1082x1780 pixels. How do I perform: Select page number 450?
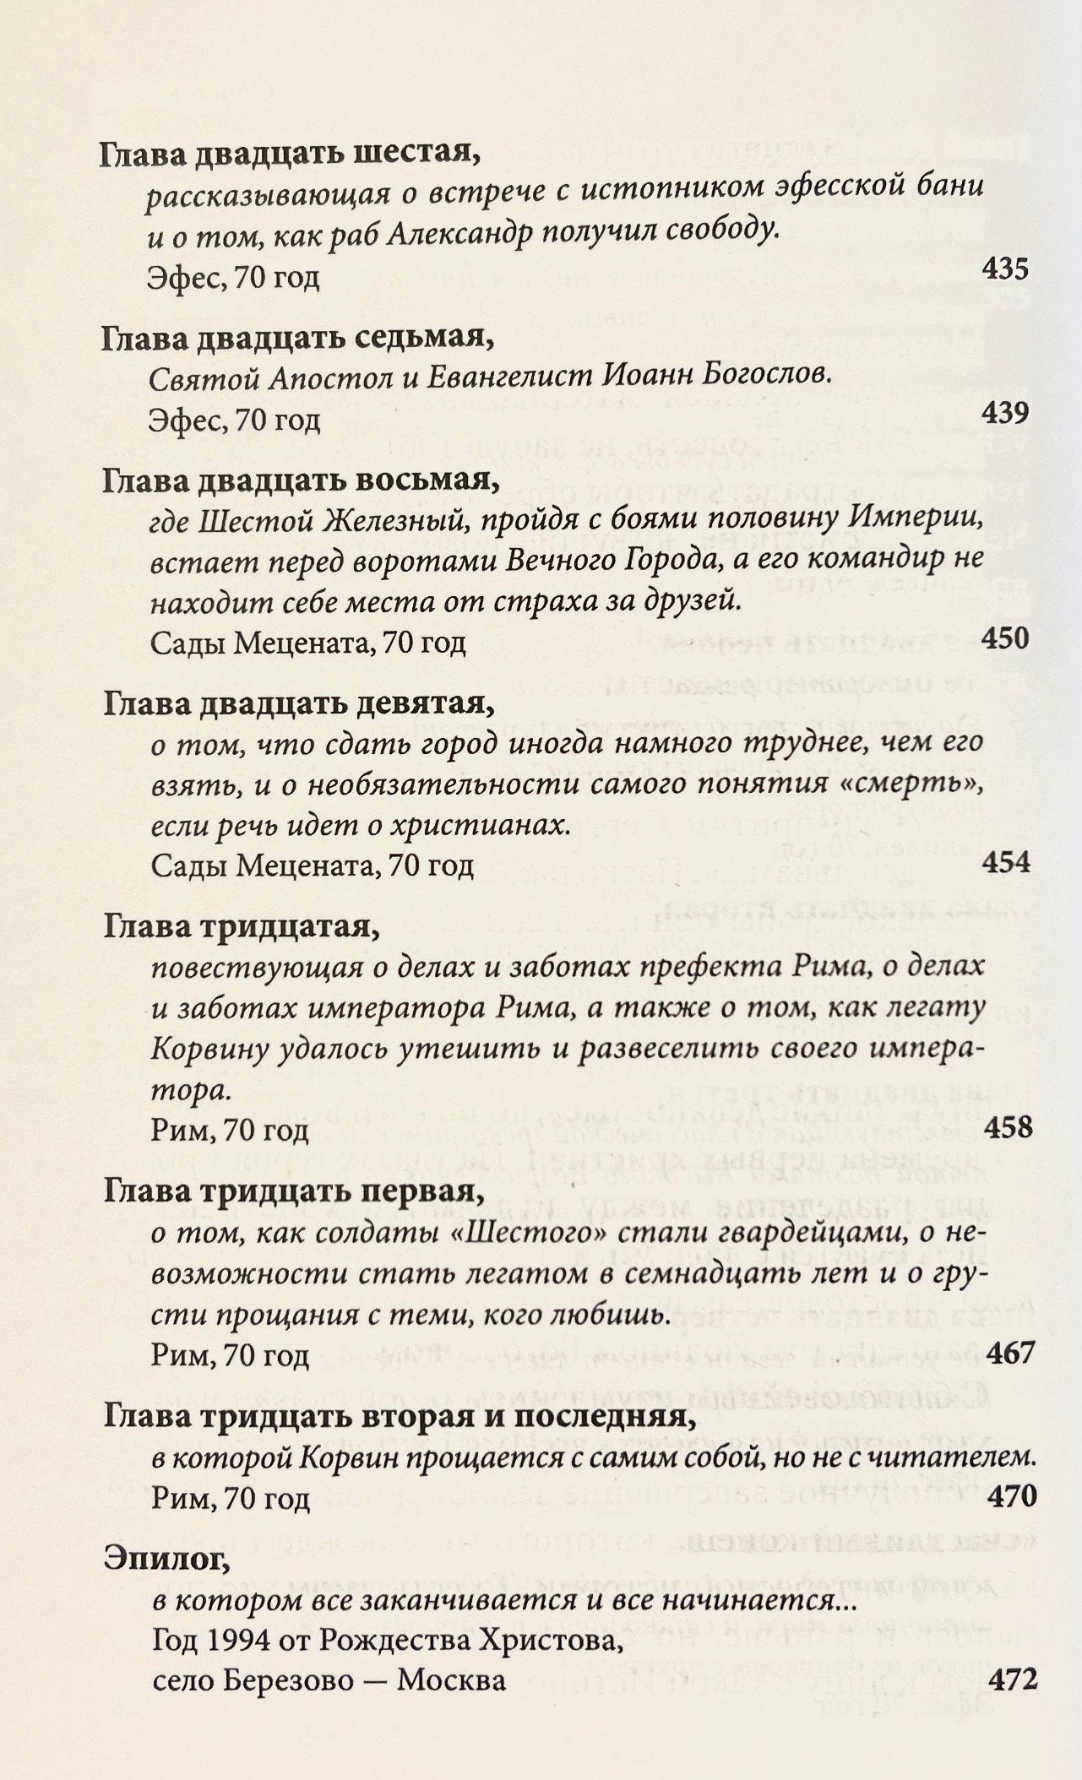coord(1006,638)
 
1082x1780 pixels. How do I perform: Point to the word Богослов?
coord(766,374)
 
